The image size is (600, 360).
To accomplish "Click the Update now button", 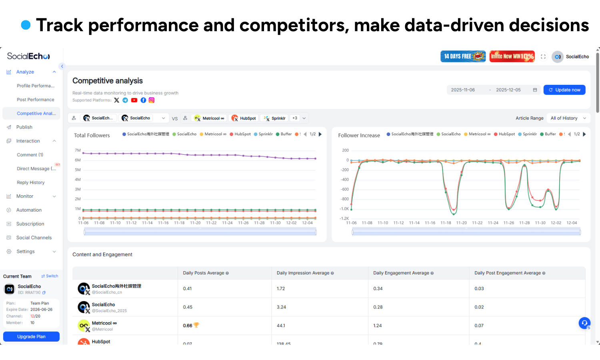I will coord(564,90).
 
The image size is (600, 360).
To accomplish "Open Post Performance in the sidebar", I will coord(35,100).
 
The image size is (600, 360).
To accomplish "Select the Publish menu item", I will coord(24,127).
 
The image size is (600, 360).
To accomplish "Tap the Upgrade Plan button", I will coord(31,337).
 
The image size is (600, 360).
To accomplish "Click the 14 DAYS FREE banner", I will coord(463,56).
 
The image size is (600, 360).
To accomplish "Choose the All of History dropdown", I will coord(568,118).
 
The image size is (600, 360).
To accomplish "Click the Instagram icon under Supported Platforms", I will coord(152,100).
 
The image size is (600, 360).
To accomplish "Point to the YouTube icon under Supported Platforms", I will coord(134,100).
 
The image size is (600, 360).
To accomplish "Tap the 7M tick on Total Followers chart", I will coord(78,150).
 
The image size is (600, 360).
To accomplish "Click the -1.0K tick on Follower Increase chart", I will coord(344,209).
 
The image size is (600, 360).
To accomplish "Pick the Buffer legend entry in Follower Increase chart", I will coord(548,134).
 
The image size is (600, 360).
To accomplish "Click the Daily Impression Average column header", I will coord(303,273).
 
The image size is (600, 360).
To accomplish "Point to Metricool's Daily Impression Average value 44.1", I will coord(281,326).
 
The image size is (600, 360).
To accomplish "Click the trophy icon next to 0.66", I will coord(196,325).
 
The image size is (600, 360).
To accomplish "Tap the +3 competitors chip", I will coord(295,118).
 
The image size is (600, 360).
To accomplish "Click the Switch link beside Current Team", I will coord(50,276).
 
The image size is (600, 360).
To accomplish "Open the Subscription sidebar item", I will coord(30,224).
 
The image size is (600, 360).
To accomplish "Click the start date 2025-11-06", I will coord(463,90).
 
